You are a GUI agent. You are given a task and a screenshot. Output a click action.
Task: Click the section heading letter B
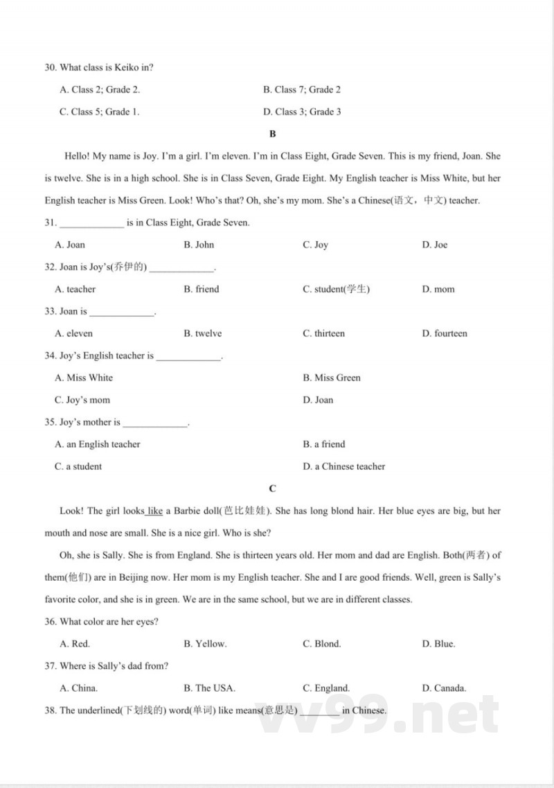click(272, 134)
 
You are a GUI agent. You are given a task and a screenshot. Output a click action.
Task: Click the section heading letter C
click(272, 489)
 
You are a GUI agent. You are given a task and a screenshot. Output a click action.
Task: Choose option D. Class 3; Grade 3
click(302, 112)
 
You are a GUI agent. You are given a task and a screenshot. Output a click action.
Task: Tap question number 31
click(50, 222)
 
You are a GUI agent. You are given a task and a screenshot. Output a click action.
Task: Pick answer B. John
click(199, 245)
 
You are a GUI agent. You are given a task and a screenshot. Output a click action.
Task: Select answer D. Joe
click(434, 245)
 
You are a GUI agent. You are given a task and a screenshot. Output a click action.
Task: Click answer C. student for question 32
click(336, 289)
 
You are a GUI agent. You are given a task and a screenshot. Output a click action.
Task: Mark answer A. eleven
click(73, 333)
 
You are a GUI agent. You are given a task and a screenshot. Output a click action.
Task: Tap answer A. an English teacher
click(97, 444)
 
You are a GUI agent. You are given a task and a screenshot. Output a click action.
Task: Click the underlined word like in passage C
click(155, 511)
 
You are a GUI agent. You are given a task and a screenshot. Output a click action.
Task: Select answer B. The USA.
click(209, 688)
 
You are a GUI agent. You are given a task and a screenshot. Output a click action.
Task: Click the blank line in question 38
click(320, 712)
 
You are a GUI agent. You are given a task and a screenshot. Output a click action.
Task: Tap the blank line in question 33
click(121, 313)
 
